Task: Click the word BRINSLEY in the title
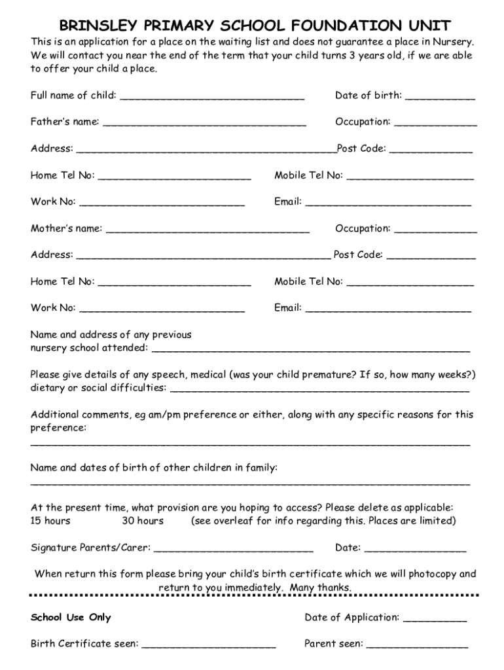click(98, 26)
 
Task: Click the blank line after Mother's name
click(207, 231)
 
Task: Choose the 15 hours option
click(50, 521)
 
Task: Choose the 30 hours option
click(143, 521)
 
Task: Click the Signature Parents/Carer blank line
click(234, 550)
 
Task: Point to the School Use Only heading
click(71, 618)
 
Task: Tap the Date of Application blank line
click(435, 620)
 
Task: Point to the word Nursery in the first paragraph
click(452, 42)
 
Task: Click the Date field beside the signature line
click(415, 550)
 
